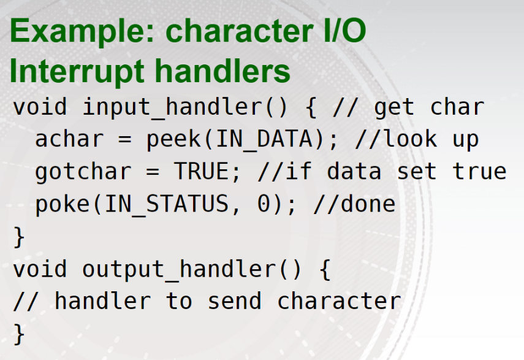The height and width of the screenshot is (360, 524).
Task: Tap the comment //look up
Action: point(416,139)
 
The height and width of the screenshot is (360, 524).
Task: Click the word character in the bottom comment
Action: point(339,301)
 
